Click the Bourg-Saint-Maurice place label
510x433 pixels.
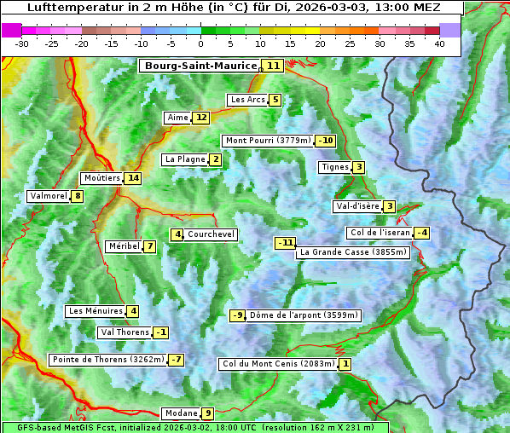[200, 66]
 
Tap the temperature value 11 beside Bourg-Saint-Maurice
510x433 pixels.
[273, 66]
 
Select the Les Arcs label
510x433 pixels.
[247, 100]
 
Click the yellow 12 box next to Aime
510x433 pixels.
[200, 118]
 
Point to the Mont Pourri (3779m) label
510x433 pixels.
[268, 141]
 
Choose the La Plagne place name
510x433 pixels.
[185, 159]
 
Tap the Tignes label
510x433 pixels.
[334, 167]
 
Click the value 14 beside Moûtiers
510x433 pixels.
[132, 178]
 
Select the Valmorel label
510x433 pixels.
[48, 196]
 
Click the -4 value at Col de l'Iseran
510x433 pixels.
[421, 233]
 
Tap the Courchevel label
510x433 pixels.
[211, 234]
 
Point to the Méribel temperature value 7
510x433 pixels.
[150, 246]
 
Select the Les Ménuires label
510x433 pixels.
[96, 311]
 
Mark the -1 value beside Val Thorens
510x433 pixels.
[161, 332]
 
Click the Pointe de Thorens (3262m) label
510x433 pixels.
[107, 360]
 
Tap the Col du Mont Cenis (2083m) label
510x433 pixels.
[278, 364]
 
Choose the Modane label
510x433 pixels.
[181, 413]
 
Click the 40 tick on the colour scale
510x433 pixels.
[439, 43]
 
